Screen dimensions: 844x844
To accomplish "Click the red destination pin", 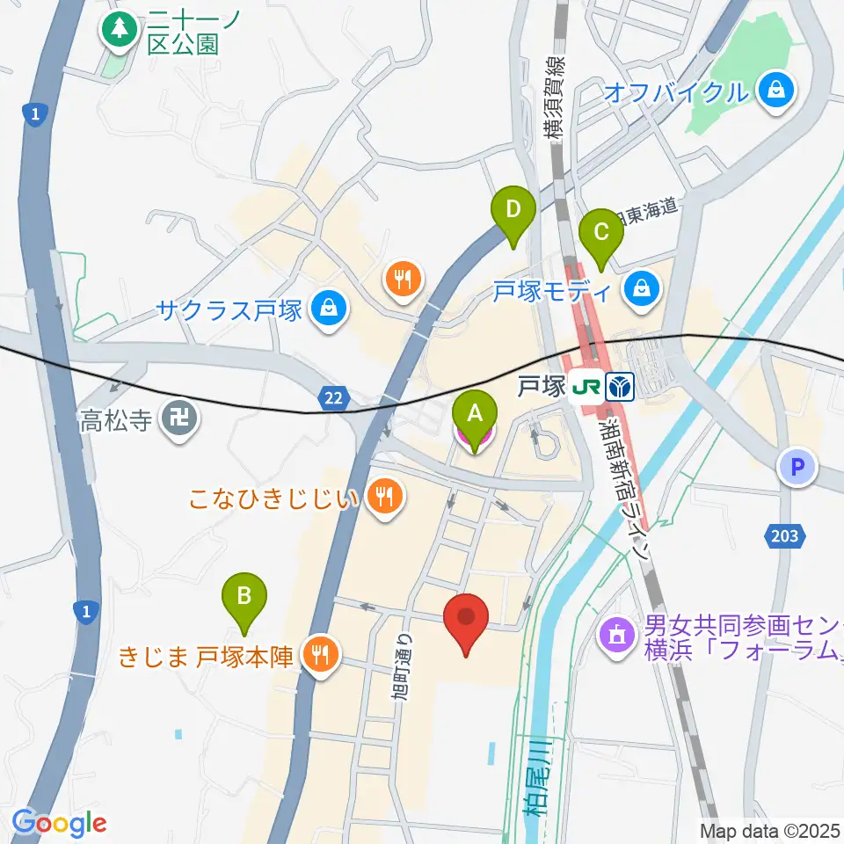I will (x=466, y=622).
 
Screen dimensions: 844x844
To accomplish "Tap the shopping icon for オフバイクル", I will (x=778, y=90).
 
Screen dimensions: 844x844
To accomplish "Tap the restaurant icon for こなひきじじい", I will (x=384, y=498).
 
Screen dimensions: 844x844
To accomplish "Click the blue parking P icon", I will (x=797, y=467).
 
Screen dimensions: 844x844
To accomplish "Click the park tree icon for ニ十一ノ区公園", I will (x=117, y=30).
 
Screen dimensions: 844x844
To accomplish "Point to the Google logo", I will (x=58, y=823).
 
